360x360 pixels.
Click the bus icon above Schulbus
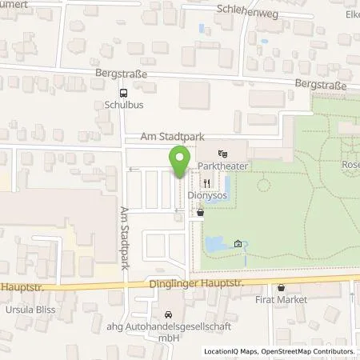pos(122,91)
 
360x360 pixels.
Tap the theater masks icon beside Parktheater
pos(222,152)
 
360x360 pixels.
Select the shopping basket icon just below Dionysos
pos(200,213)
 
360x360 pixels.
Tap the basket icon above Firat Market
pos(281,288)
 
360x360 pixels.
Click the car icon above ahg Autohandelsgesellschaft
pos(167,314)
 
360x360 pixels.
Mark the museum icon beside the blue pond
pos(238,244)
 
